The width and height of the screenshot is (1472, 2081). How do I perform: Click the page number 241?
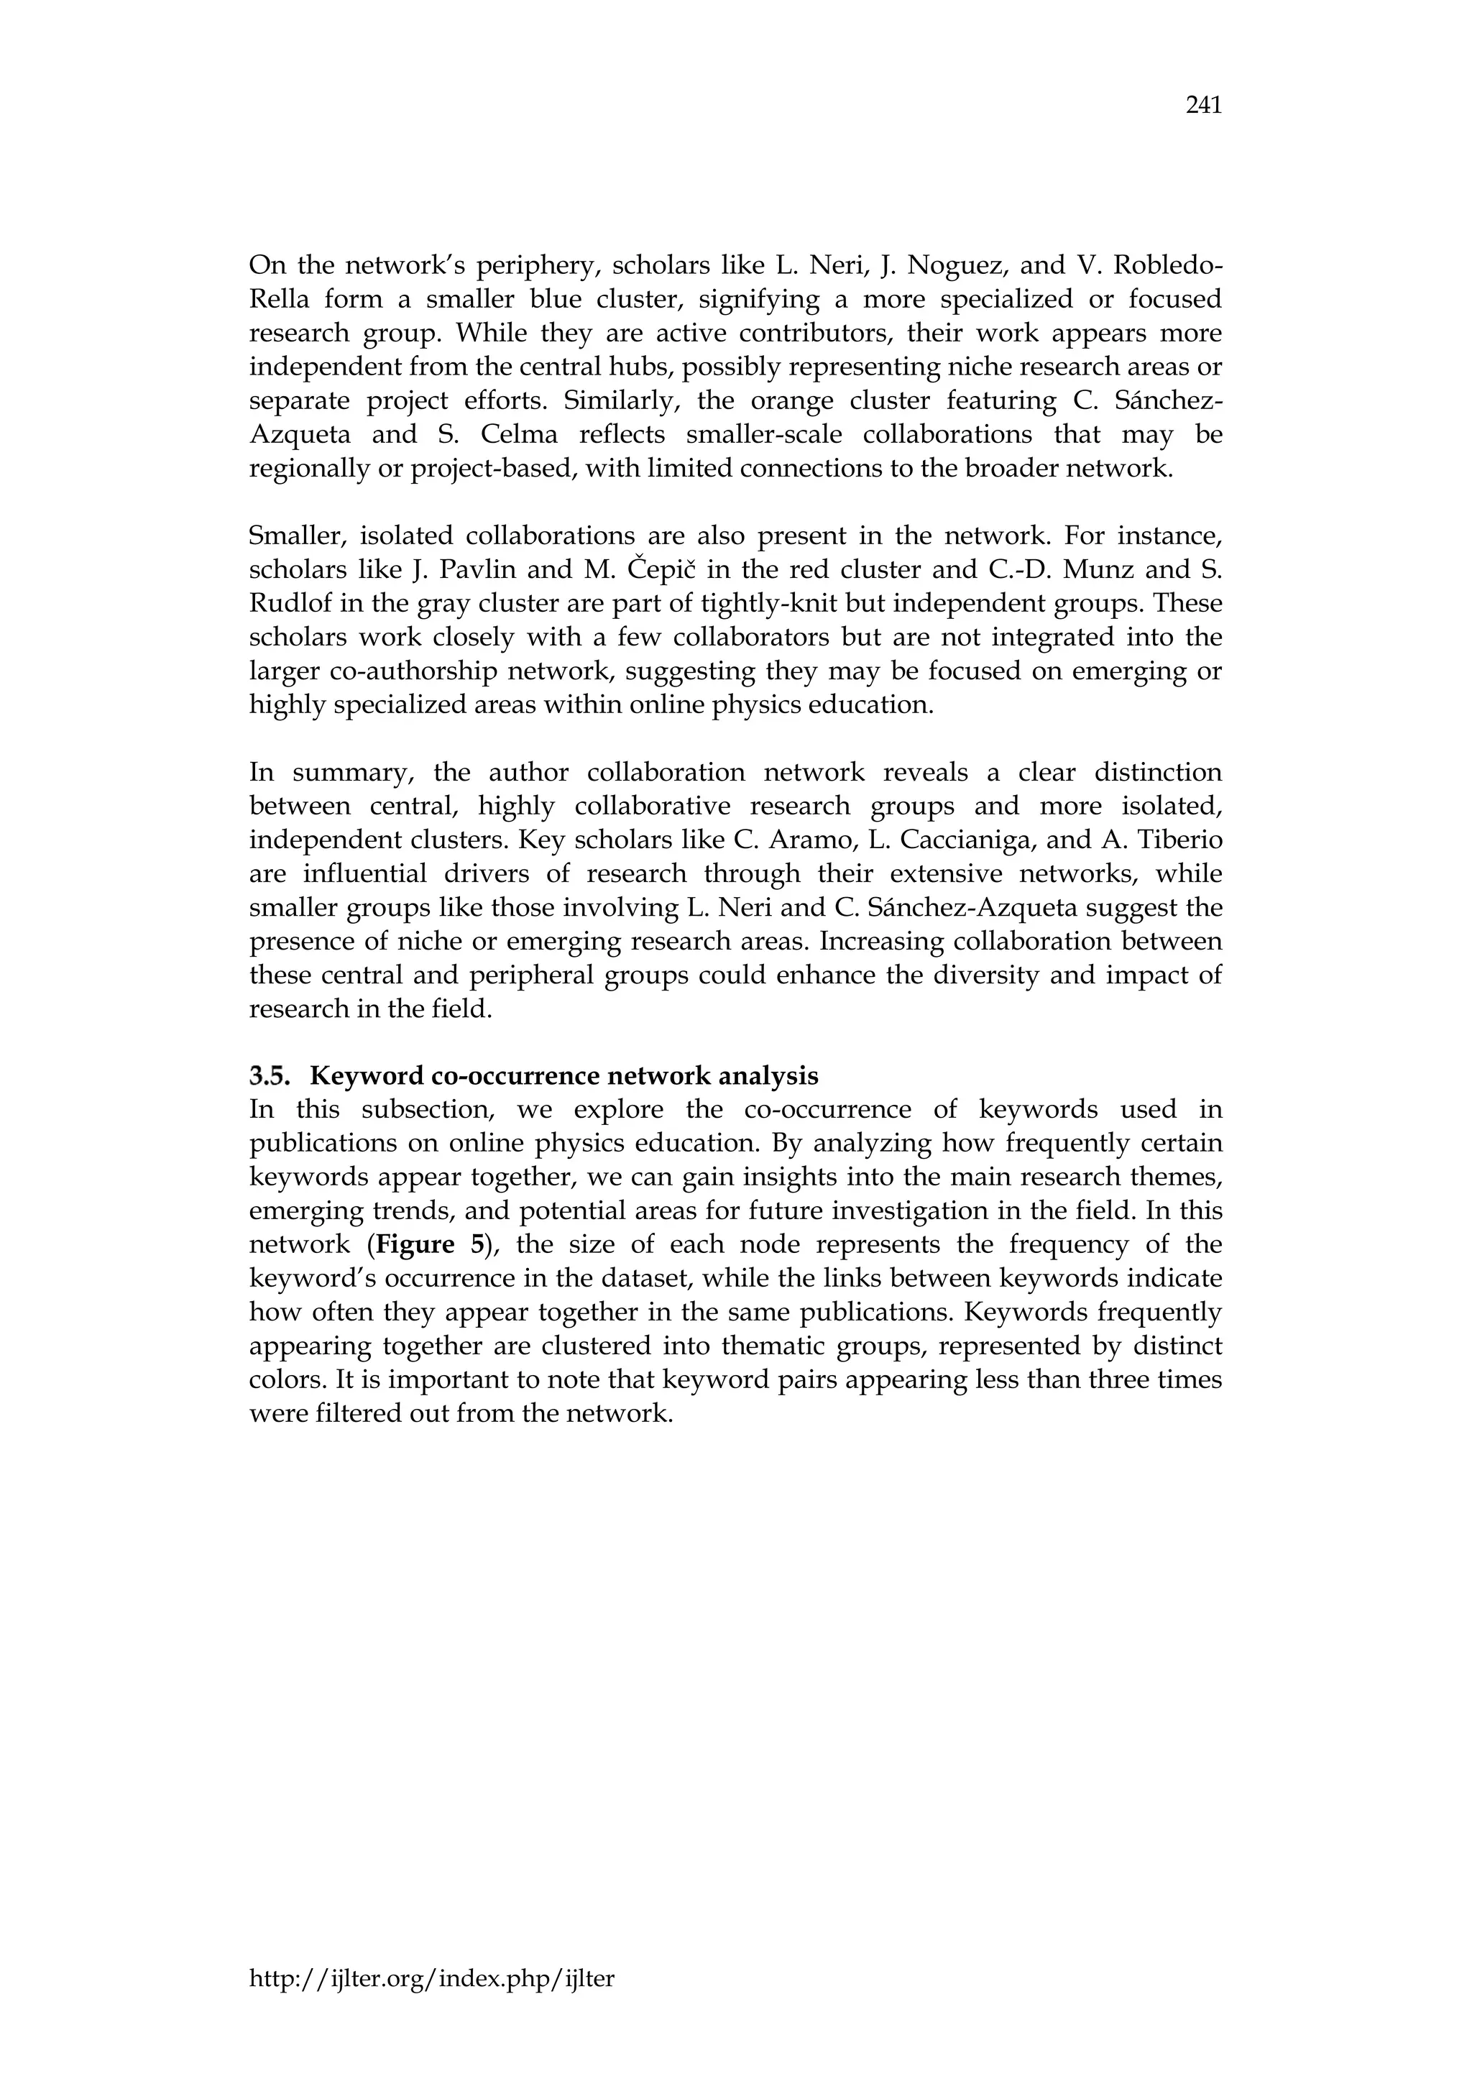1204,106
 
